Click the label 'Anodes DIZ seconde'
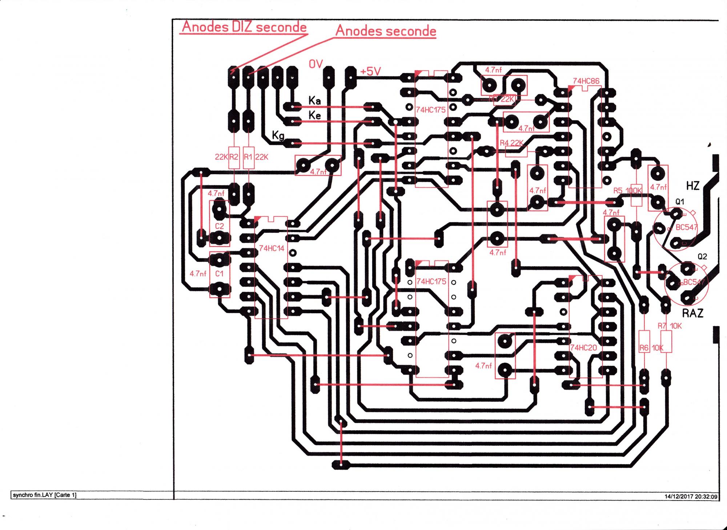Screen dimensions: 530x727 click(x=244, y=27)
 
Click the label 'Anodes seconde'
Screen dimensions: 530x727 click(x=386, y=31)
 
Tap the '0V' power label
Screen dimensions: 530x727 click(x=316, y=64)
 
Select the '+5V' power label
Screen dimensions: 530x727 click(x=370, y=72)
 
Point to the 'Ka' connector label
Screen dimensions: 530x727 click(x=314, y=100)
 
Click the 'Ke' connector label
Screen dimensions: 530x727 click(x=314, y=115)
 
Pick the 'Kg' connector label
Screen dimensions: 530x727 click(x=278, y=136)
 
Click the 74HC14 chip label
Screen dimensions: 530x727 click(x=272, y=248)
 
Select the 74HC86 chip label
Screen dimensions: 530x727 click(x=586, y=81)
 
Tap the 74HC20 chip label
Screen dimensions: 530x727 click(x=583, y=348)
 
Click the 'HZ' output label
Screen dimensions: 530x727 click(x=692, y=186)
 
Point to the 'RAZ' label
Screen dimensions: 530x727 click(x=692, y=313)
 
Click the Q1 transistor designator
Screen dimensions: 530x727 click(x=679, y=202)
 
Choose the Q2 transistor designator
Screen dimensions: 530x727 click(x=702, y=256)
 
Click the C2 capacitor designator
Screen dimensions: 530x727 click(x=219, y=226)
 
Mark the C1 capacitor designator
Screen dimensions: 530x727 click(x=219, y=274)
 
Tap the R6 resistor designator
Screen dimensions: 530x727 click(x=644, y=348)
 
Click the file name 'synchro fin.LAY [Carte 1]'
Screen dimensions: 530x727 click(x=44, y=495)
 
